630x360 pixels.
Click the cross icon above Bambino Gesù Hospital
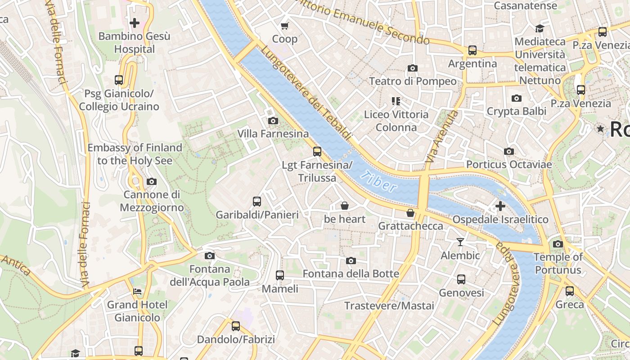134,22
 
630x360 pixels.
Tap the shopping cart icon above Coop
284,26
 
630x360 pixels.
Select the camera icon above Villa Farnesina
273,121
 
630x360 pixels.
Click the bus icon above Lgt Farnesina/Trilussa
317,152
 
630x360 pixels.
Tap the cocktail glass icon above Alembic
460,242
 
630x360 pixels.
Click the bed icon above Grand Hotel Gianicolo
137,292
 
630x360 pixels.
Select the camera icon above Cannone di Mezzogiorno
152,182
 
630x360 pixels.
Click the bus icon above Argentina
472,50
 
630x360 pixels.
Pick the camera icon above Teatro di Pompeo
412,68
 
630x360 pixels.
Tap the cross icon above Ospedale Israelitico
500,206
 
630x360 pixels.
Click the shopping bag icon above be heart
345,206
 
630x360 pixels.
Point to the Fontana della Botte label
351,274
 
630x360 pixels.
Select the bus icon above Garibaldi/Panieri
257,202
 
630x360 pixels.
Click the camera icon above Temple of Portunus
558,244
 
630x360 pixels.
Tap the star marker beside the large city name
600,129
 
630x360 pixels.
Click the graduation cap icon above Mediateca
539,29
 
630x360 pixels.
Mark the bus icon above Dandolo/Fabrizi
236,326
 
